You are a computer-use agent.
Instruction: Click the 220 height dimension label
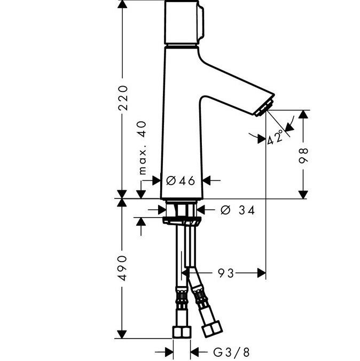click(x=122, y=98)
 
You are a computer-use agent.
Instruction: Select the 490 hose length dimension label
click(x=122, y=268)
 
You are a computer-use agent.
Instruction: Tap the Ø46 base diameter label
click(x=181, y=181)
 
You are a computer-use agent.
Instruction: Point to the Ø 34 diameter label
click(x=238, y=210)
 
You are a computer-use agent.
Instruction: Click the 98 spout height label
click(x=303, y=156)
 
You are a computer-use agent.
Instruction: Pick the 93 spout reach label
click(x=226, y=273)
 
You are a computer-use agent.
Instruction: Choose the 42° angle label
click(x=275, y=137)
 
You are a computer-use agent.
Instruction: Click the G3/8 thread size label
click(x=231, y=352)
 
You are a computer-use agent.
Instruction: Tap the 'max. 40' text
click(x=143, y=148)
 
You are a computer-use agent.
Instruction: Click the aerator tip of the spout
click(x=264, y=107)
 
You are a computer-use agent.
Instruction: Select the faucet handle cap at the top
click(x=184, y=22)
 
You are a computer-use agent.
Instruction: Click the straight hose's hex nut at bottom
click(x=182, y=332)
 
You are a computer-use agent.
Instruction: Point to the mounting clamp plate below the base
click(x=182, y=220)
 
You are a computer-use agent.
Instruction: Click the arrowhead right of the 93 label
click(x=261, y=273)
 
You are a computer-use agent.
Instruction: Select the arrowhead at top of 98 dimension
click(x=303, y=114)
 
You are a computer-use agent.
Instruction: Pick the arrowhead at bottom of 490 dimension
click(x=122, y=334)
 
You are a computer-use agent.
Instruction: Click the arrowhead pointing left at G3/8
click(x=195, y=352)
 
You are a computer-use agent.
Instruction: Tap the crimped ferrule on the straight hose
click(x=182, y=297)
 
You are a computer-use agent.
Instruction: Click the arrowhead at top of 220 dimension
click(x=122, y=4)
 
